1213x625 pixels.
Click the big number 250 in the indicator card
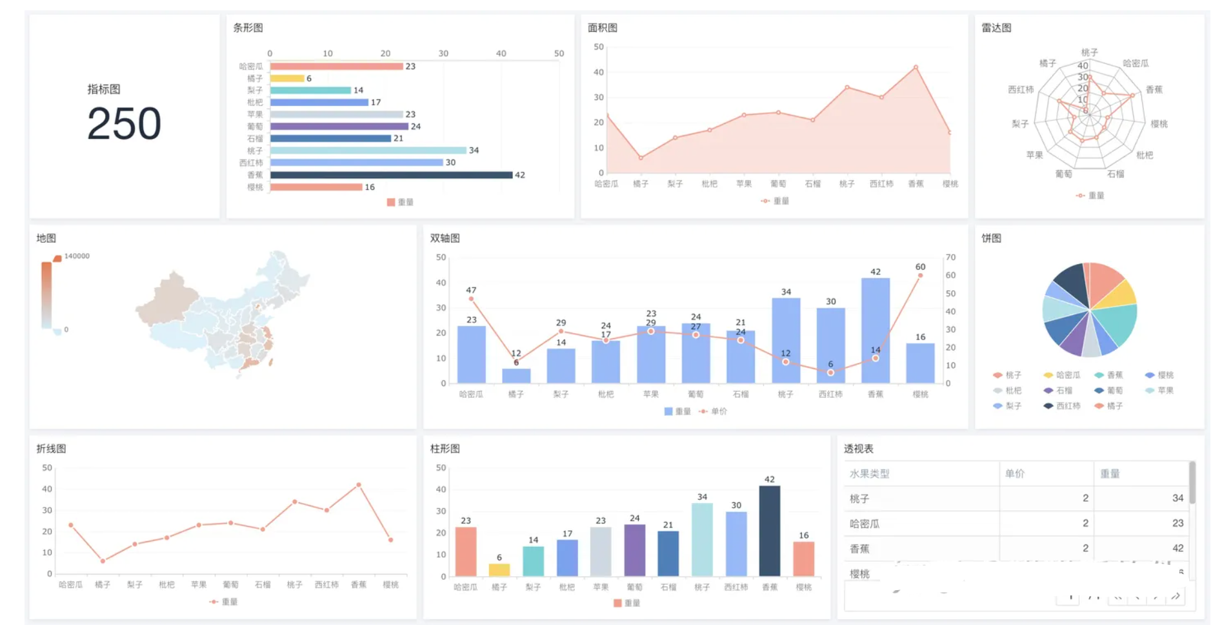coord(124,123)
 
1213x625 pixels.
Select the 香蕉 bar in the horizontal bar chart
coord(391,175)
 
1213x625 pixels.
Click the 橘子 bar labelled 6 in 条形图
coord(287,78)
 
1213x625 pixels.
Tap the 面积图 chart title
coord(603,28)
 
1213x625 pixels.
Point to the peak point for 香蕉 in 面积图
coord(916,67)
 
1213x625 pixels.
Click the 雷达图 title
coord(996,28)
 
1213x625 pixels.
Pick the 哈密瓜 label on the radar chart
coord(1136,63)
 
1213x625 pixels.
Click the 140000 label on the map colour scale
coord(77,256)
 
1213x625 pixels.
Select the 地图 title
coord(46,238)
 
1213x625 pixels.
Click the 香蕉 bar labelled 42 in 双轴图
coord(875,330)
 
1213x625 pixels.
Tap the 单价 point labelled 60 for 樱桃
coord(920,276)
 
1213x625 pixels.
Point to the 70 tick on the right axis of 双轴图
coord(950,258)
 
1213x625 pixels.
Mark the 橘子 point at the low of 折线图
coord(103,560)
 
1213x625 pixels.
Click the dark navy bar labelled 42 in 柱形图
coord(769,530)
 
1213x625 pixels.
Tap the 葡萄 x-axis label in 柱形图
coord(634,587)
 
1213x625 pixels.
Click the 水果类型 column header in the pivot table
coord(869,474)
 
